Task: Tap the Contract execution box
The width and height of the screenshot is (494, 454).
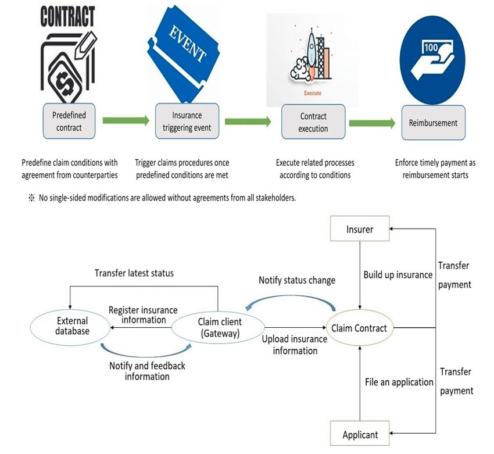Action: pos(313,122)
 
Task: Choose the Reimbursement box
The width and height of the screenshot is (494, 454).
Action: pos(433,123)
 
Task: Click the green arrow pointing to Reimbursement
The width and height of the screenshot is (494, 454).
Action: pos(372,122)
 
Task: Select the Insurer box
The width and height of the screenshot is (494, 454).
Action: pos(360,229)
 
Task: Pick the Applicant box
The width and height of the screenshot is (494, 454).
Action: pos(360,434)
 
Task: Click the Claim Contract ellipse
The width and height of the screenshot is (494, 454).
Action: pos(359,328)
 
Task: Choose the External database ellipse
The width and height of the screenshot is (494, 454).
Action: pos(73,326)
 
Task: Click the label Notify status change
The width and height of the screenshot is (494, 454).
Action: pos(296,280)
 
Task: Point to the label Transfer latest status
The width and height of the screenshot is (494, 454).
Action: pos(134,273)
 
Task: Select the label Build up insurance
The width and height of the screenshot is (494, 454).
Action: pos(398,274)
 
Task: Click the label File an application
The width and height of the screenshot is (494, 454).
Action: pos(399,382)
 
